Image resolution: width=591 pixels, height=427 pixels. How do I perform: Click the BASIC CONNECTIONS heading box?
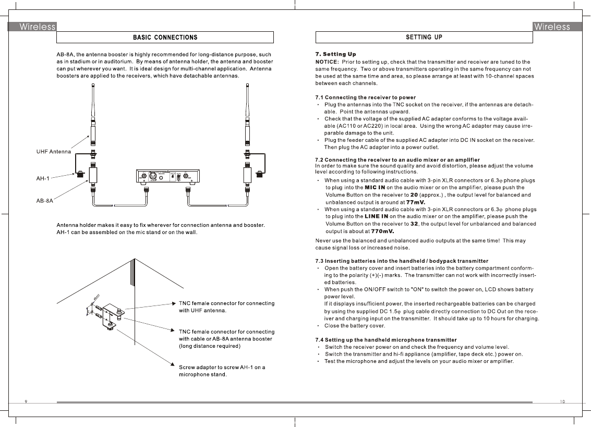(x=165, y=38)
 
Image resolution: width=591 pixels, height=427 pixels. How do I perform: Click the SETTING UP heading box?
(x=424, y=38)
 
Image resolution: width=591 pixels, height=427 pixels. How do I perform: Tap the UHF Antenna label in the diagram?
(x=53, y=152)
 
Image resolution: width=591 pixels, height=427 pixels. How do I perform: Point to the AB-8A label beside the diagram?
(x=44, y=200)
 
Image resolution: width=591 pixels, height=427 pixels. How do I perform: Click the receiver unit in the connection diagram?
(x=169, y=177)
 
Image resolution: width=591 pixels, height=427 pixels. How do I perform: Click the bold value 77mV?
(x=416, y=202)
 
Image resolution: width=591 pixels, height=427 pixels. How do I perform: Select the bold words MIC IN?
(x=375, y=187)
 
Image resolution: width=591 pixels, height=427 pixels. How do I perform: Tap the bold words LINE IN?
(x=376, y=216)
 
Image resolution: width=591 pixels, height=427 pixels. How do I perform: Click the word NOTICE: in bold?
(x=327, y=62)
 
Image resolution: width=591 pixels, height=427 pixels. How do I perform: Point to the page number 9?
(x=26, y=401)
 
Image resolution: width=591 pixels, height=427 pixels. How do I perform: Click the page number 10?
(x=562, y=401)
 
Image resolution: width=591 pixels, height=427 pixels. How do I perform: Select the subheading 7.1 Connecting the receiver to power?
(x=365, y=97)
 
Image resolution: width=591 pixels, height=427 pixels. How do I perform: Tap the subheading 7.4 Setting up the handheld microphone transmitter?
(x=385, y=340)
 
